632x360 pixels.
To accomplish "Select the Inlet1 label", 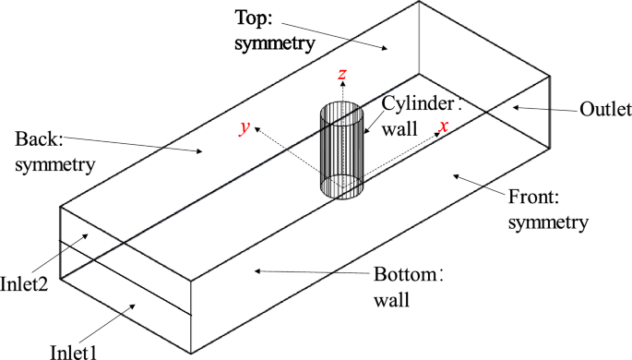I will [78, 351].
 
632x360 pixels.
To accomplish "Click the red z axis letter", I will [342, 74].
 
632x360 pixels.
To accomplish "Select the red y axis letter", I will [244, 129].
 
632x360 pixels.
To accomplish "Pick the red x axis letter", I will [444, 127].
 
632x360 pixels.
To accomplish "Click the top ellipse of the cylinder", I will [341, 114].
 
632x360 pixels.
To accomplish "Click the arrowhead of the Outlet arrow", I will [513, 107].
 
